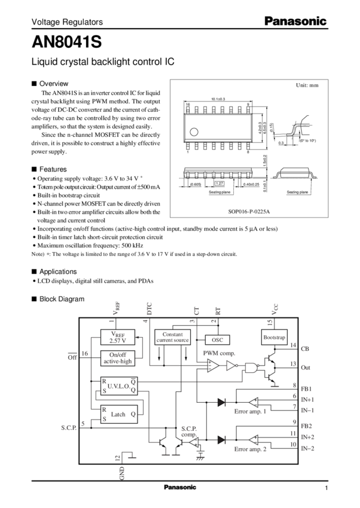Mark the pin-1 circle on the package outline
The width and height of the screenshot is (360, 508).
(x=194, y=129)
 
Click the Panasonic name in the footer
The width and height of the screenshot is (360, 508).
(x=179, y=487)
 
